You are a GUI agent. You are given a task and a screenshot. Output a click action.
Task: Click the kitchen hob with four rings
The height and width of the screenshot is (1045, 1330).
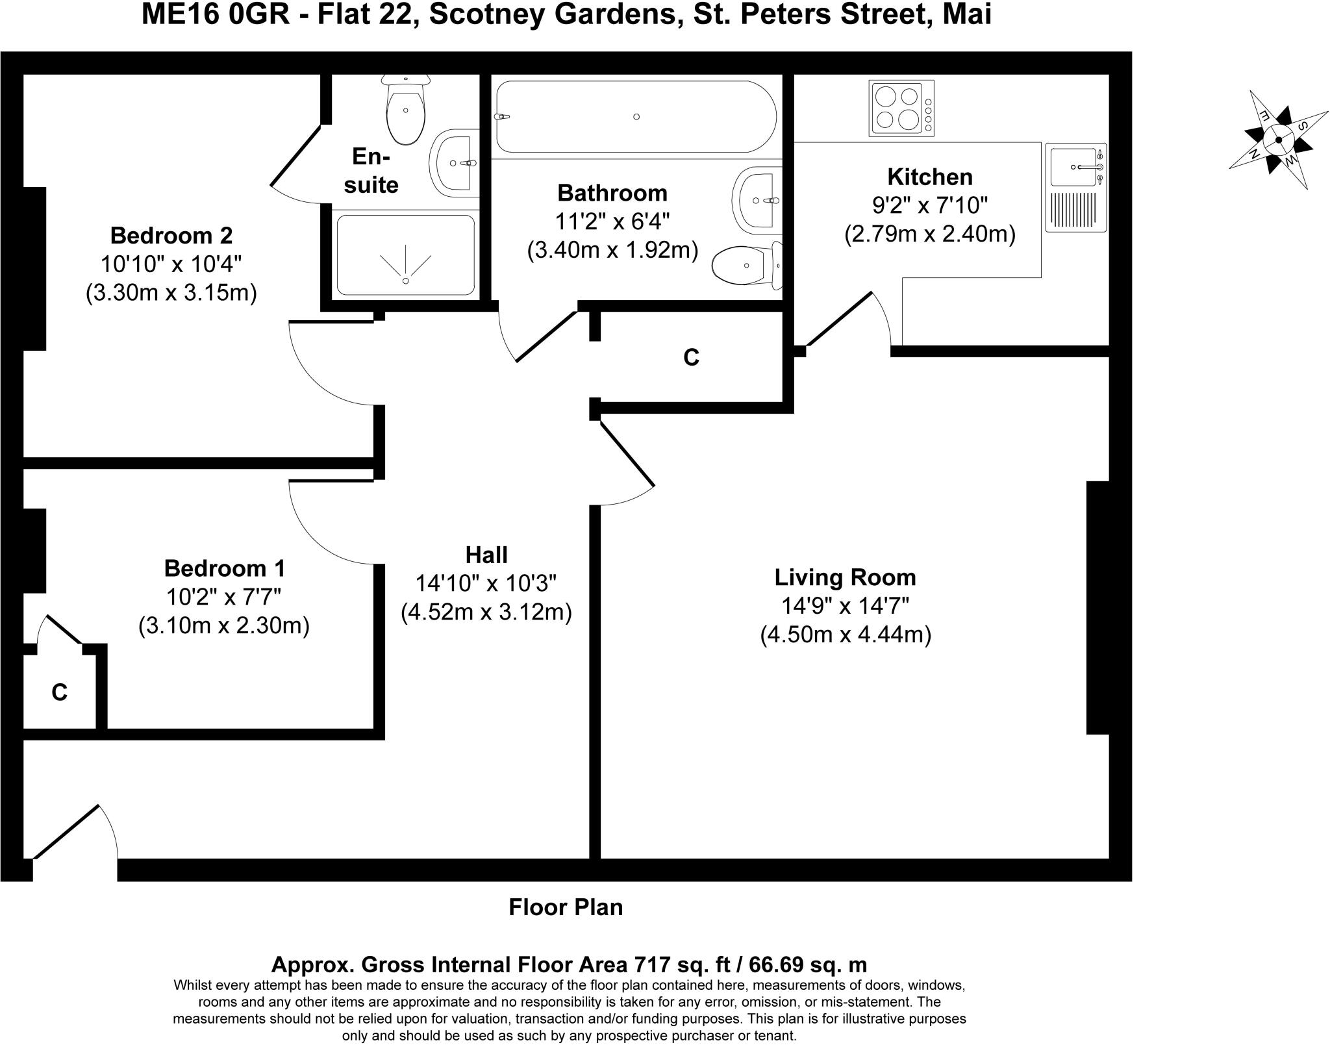point(901,108)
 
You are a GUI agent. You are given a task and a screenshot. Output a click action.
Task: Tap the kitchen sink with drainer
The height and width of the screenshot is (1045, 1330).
point(1076,187)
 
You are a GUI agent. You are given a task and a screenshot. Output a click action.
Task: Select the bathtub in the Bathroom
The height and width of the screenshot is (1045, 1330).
point(636,116)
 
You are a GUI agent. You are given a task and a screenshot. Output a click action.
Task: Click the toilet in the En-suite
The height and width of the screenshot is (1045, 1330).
point(406,108)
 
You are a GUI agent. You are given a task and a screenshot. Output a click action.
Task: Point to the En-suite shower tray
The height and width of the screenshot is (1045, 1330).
point(406,255)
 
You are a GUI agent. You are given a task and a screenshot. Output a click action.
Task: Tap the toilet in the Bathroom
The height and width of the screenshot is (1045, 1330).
point(747,265)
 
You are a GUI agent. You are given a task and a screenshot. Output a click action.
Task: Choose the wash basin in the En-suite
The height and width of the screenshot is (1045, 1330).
point(455,162)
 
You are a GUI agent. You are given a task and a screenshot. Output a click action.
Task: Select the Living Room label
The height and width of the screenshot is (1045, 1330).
point(845,577)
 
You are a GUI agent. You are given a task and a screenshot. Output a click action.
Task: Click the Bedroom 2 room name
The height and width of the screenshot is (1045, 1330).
point(171,234)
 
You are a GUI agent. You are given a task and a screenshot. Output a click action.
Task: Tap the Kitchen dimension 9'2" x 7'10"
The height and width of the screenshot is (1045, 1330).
point(930,205)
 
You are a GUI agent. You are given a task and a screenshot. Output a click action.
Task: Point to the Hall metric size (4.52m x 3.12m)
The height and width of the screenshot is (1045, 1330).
point(486,612)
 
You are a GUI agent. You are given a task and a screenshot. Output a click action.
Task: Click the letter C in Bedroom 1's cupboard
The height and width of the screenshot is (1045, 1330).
point(59,692)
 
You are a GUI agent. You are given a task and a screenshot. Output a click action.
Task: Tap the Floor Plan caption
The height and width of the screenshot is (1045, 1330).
point(566,907)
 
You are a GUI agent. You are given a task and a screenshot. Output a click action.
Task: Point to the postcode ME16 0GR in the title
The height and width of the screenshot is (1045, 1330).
point(216,15)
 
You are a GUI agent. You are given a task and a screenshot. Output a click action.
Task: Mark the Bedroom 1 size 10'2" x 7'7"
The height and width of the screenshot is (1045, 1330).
point(224,596)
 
